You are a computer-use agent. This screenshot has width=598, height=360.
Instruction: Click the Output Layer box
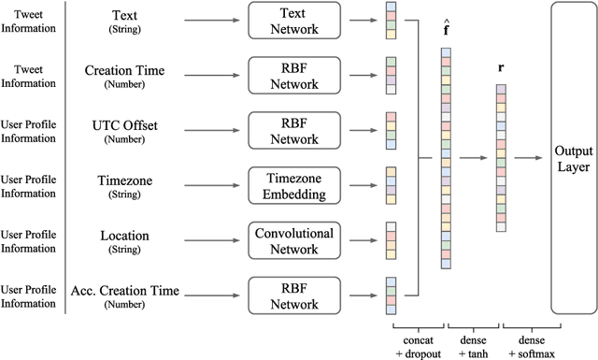pos(574,158)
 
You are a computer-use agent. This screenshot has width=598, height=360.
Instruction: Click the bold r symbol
pos(502,69)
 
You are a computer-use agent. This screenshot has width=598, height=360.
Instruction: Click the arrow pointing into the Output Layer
pos(528,158)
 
